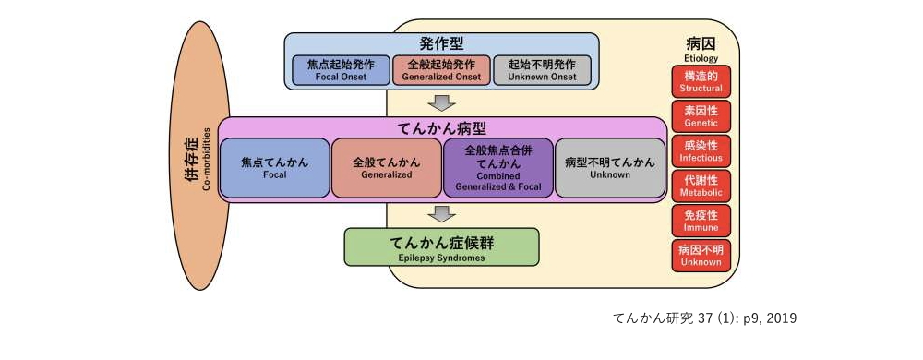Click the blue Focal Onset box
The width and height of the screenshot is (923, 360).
click(341, 70)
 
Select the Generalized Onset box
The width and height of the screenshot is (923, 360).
click(441, 70)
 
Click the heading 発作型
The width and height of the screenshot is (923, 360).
click(441, 42)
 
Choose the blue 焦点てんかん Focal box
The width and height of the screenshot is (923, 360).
click(275, 167)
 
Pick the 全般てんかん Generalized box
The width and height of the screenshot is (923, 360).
click(387, 167)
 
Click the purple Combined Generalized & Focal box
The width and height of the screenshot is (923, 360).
click(498, 167)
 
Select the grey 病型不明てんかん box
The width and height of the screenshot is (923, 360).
click(610, 167)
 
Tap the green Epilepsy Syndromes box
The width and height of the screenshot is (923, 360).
click(441, 248)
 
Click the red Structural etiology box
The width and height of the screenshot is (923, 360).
click(701, 81)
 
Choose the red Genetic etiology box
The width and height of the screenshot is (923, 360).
click(701, 115)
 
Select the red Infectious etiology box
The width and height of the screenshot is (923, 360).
click(701, 150)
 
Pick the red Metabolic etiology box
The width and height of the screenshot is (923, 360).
click(701, 185)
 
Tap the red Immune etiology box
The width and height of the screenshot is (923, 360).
click(701, 220)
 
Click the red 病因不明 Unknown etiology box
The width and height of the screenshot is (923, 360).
click(701, 254)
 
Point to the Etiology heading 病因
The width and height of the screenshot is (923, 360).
click(701, 45)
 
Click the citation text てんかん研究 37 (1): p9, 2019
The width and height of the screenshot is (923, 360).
click(704, 318)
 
